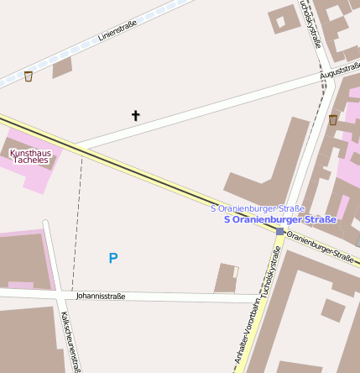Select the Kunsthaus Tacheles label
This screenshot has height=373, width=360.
coord(30,156)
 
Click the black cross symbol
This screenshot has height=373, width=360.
coord(135,115)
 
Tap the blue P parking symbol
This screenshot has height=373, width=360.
coord(113,258)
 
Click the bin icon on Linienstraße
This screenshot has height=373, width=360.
coord(29,76)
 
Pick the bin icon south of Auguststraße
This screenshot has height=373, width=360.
coord(333,120)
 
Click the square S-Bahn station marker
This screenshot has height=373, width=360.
coord(279,231)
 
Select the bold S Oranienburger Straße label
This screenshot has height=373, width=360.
coord(280,220)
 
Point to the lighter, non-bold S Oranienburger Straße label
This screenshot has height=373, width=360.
coord(258,208)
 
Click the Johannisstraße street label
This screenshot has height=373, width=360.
coord(100,297)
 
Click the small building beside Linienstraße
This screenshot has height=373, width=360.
coord(63,67)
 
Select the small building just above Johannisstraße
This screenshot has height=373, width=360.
coord(226,278)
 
